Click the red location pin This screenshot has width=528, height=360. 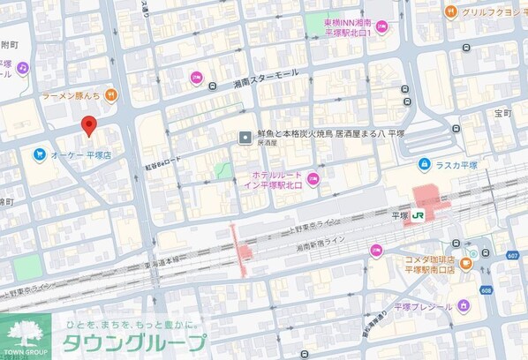point(88,126)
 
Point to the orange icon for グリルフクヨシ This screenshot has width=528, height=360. point(450,11)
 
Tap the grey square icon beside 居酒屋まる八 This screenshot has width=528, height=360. point(246,136)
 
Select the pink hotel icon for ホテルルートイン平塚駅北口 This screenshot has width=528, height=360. point(311,182)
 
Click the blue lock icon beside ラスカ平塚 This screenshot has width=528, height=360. point(425,164)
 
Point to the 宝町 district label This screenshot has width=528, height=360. point(502,113)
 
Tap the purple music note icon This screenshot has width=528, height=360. point(22,67)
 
